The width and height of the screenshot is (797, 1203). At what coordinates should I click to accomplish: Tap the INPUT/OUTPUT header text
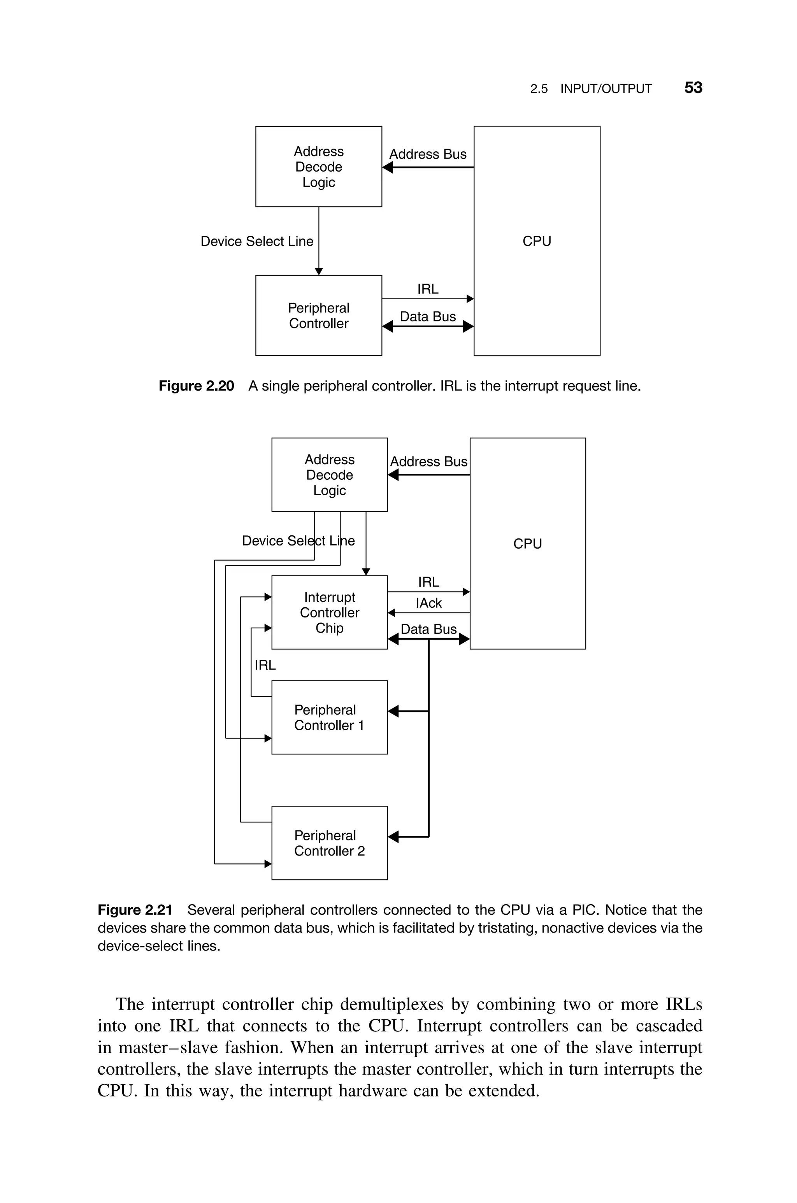tap(606, 89)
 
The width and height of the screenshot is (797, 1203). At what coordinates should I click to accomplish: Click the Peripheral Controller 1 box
tap(329, 717)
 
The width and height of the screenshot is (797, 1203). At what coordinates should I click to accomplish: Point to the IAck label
tap(428, 603)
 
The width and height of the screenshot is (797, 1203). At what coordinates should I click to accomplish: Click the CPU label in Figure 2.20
tap(537, 241)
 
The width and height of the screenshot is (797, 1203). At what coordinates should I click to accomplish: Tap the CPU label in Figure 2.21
tap(528, 544)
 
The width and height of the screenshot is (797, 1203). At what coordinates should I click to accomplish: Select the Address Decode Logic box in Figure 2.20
tap(319, 167)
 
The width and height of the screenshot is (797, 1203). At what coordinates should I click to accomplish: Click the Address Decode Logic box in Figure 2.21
tap(329, 475)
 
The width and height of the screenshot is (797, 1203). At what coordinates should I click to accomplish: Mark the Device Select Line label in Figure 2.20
tap(257, 241)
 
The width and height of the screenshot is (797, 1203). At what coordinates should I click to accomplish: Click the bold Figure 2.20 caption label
tap(196, 386)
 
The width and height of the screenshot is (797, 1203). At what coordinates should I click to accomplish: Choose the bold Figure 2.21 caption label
tap(135, 910)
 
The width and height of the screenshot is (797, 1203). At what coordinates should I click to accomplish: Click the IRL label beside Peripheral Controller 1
tap(265, 665)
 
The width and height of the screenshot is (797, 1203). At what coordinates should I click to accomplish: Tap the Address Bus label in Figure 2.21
tap(428, 461)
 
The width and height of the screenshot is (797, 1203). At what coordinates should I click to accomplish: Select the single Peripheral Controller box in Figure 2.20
tap(319, 316)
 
